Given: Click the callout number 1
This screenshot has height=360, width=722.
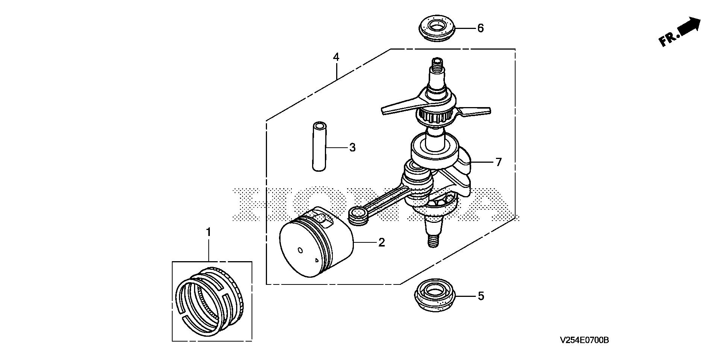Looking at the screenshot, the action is [209, 232].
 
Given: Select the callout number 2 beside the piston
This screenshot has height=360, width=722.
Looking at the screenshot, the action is [382, 242].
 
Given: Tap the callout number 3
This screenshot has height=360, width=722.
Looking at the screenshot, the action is [352, 147].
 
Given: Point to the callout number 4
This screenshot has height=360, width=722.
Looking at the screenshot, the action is [336, 57].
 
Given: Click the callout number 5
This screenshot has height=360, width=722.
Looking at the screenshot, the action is [481, 296].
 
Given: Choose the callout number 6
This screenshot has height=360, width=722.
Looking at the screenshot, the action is [481, 28].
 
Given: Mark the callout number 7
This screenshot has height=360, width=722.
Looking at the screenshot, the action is [498, 162].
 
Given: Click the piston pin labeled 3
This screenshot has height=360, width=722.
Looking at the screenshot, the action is [319, 146].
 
